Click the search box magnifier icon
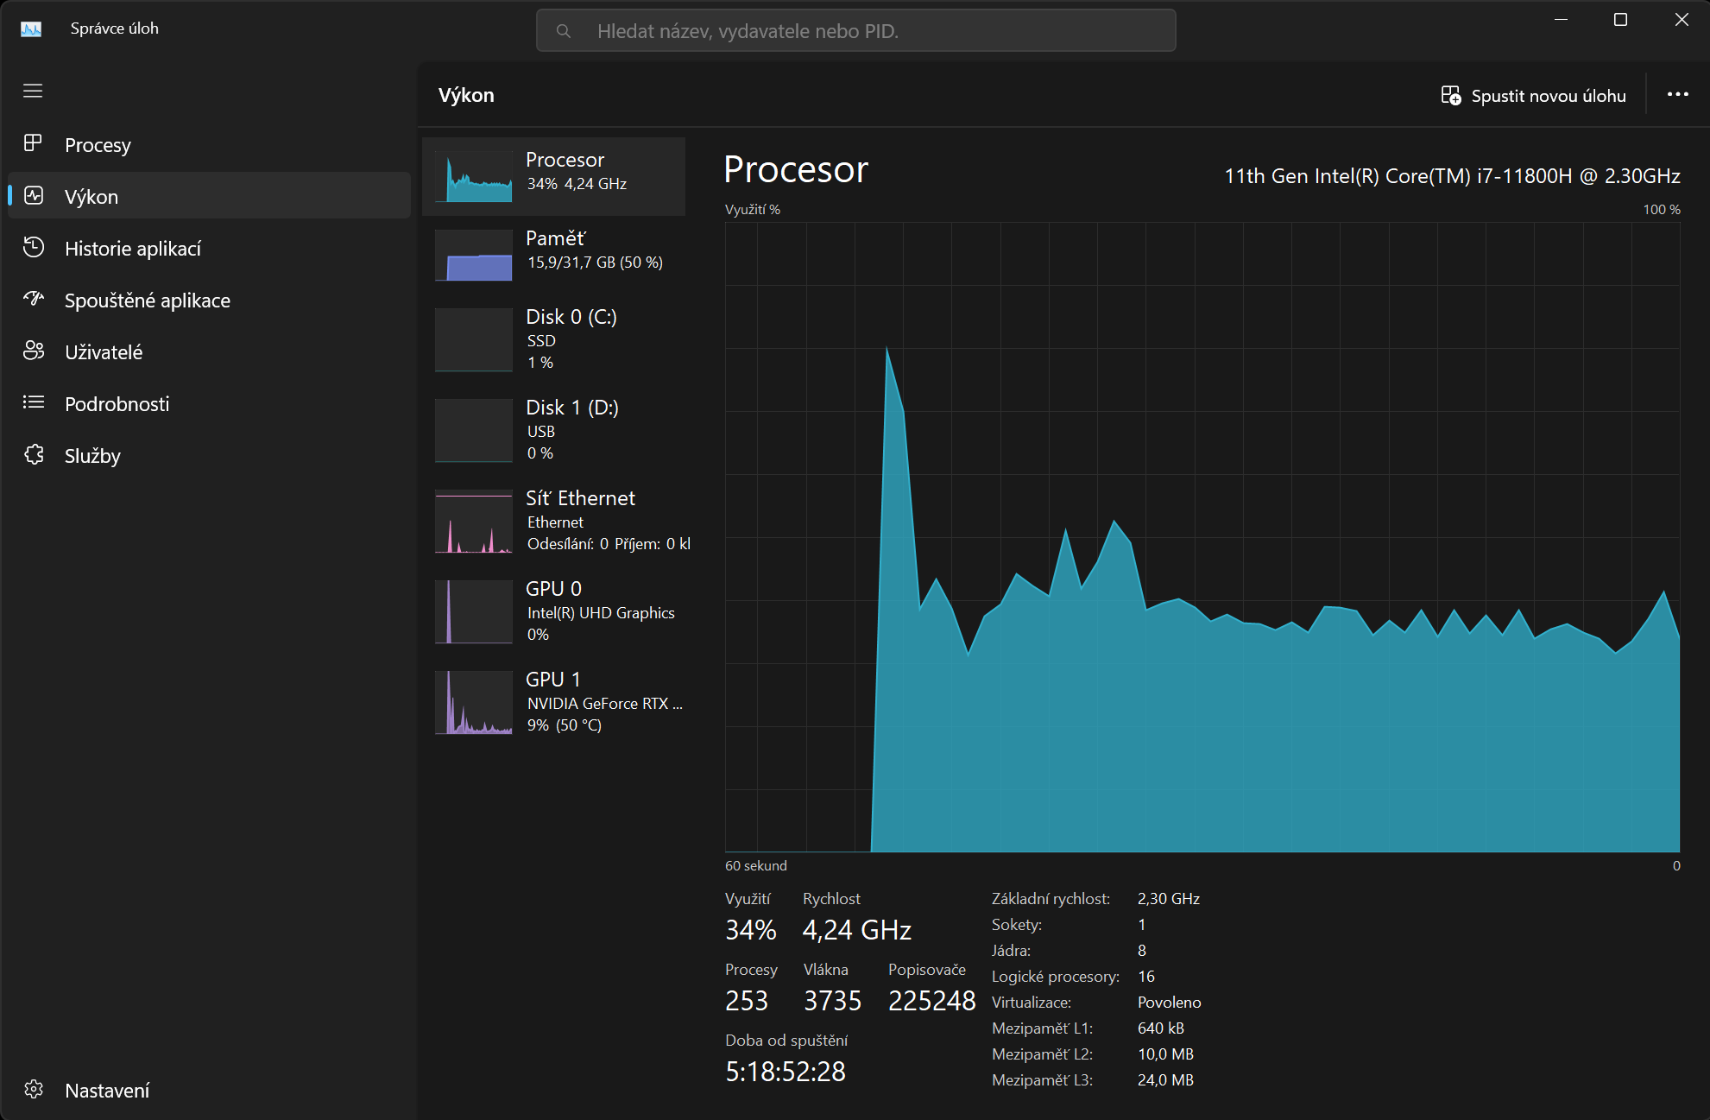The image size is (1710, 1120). point(564,32)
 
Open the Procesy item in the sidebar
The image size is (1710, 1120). point(98,145)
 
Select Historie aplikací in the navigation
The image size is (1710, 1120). point(132,249)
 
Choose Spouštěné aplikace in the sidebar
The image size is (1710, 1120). point(147,301)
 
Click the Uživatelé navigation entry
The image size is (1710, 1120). point(104,352)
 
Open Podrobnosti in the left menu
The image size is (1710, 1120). point(117,404)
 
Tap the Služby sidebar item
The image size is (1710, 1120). point(92,456)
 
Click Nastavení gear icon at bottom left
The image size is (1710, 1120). point(34,1090)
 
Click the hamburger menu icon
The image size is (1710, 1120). point(33,92)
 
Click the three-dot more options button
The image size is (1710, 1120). point(1677,95)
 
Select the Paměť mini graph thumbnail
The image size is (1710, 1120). point(474,256)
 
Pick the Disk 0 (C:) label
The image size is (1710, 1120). point(571,317)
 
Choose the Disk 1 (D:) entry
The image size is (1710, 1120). point(572,408)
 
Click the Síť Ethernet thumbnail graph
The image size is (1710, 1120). point(474,522)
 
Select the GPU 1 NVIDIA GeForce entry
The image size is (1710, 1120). point(604,702)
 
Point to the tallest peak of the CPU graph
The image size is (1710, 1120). point(887,349)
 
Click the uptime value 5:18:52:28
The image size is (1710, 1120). point(786,1072)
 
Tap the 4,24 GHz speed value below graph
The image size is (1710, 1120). point(856,930)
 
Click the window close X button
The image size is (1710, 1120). point(1682,20)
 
